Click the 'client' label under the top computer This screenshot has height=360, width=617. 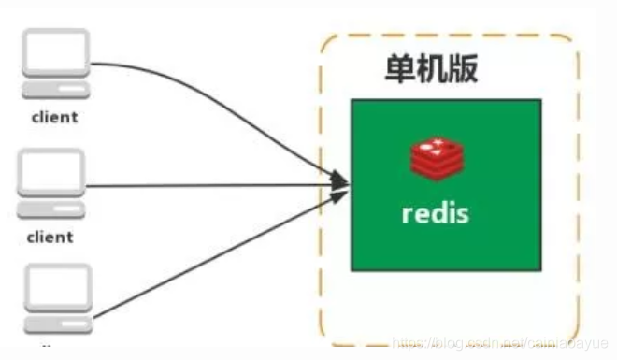54,118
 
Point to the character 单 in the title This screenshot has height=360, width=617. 401,71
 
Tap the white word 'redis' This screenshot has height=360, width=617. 436,212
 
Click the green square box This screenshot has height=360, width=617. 445,252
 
